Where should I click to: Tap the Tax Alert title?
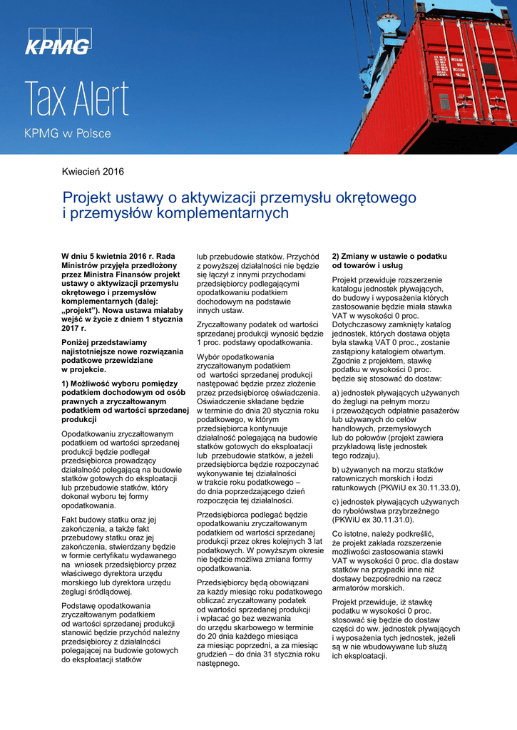tap(77, 99)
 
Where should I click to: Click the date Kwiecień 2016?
tap(93, 172)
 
